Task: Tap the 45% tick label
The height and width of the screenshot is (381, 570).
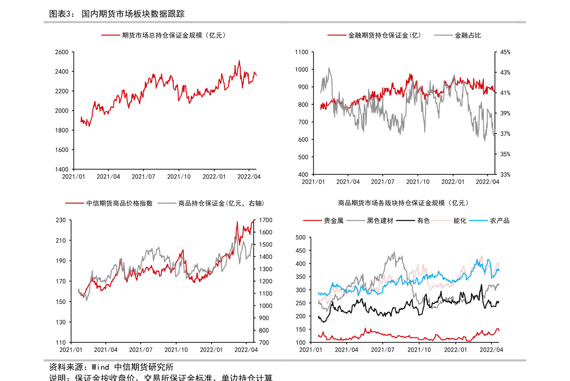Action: pyautogui.click(x=505, y=52)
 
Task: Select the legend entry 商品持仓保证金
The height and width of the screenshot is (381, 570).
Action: pyautogui.click(x=221, y=203)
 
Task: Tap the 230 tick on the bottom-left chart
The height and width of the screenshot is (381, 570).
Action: pyautogui.click(x=60, y=220)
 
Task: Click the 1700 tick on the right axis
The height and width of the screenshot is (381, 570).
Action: pyautogui.click(x=266, y=220)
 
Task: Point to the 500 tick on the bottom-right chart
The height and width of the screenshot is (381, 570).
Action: pyautogui.click(x=301, y=237)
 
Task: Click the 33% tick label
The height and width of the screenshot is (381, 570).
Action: pyautogui.click(x=505, y=175)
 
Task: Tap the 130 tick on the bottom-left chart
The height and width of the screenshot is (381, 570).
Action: pyautogui.click(x=60, y=322)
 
